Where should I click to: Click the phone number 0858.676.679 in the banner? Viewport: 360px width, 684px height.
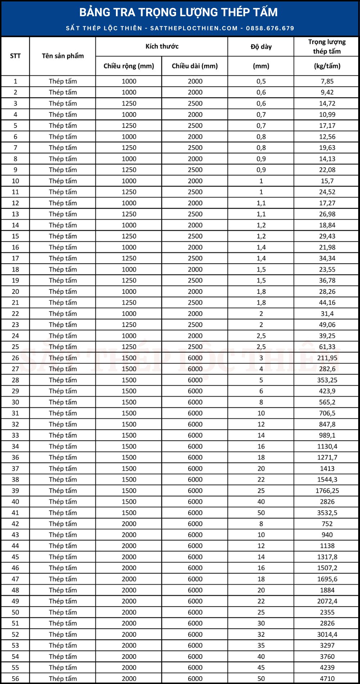[270, 28]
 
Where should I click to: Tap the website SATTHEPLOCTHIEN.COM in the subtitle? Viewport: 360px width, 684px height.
[194, 28]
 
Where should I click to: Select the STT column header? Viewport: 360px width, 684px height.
[15, 56]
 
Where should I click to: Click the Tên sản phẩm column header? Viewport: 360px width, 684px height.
[63, 56]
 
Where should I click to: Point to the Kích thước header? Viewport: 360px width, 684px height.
[162, 46]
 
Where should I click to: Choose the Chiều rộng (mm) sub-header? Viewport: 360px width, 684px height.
[129, 66]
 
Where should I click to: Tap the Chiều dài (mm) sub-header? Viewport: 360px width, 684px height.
[195, 66]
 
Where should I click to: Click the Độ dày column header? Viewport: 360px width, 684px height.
[261, 46]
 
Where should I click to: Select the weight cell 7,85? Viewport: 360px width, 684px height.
[327, 81]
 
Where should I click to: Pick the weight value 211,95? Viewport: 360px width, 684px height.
[327, 358]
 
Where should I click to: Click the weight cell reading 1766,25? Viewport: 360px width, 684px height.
[327, 491]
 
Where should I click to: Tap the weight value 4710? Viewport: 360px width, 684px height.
[327, 679]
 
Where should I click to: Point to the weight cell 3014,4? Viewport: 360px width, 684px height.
[327, 634]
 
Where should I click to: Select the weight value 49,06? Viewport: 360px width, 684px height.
[327, 325]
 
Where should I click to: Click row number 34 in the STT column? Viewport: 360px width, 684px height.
[15, 446]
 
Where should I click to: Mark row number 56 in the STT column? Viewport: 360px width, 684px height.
[15, 679]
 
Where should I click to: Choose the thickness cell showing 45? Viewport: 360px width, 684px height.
[261, 667]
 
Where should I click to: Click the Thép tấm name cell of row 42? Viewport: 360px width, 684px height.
[63, 524]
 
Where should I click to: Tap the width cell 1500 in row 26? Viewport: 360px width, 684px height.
[129, 358]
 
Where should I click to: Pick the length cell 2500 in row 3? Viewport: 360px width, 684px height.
[195, 103]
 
